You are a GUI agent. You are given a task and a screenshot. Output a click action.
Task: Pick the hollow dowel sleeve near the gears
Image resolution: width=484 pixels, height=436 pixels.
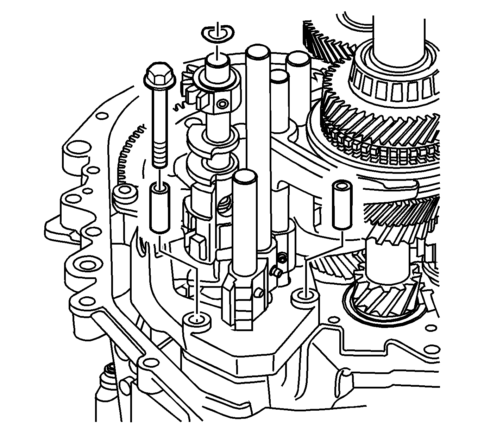tap(341, 206)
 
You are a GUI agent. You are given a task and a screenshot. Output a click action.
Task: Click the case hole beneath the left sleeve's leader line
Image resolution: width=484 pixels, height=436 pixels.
tap(196, 320)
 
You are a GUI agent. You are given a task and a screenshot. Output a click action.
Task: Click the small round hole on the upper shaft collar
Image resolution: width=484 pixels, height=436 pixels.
tap(222, 104)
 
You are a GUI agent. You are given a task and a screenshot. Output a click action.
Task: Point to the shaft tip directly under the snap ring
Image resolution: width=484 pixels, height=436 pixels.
tap(218, 62)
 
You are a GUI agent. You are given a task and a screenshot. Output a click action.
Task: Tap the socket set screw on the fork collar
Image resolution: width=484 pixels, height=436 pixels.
tap(281, 259)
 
